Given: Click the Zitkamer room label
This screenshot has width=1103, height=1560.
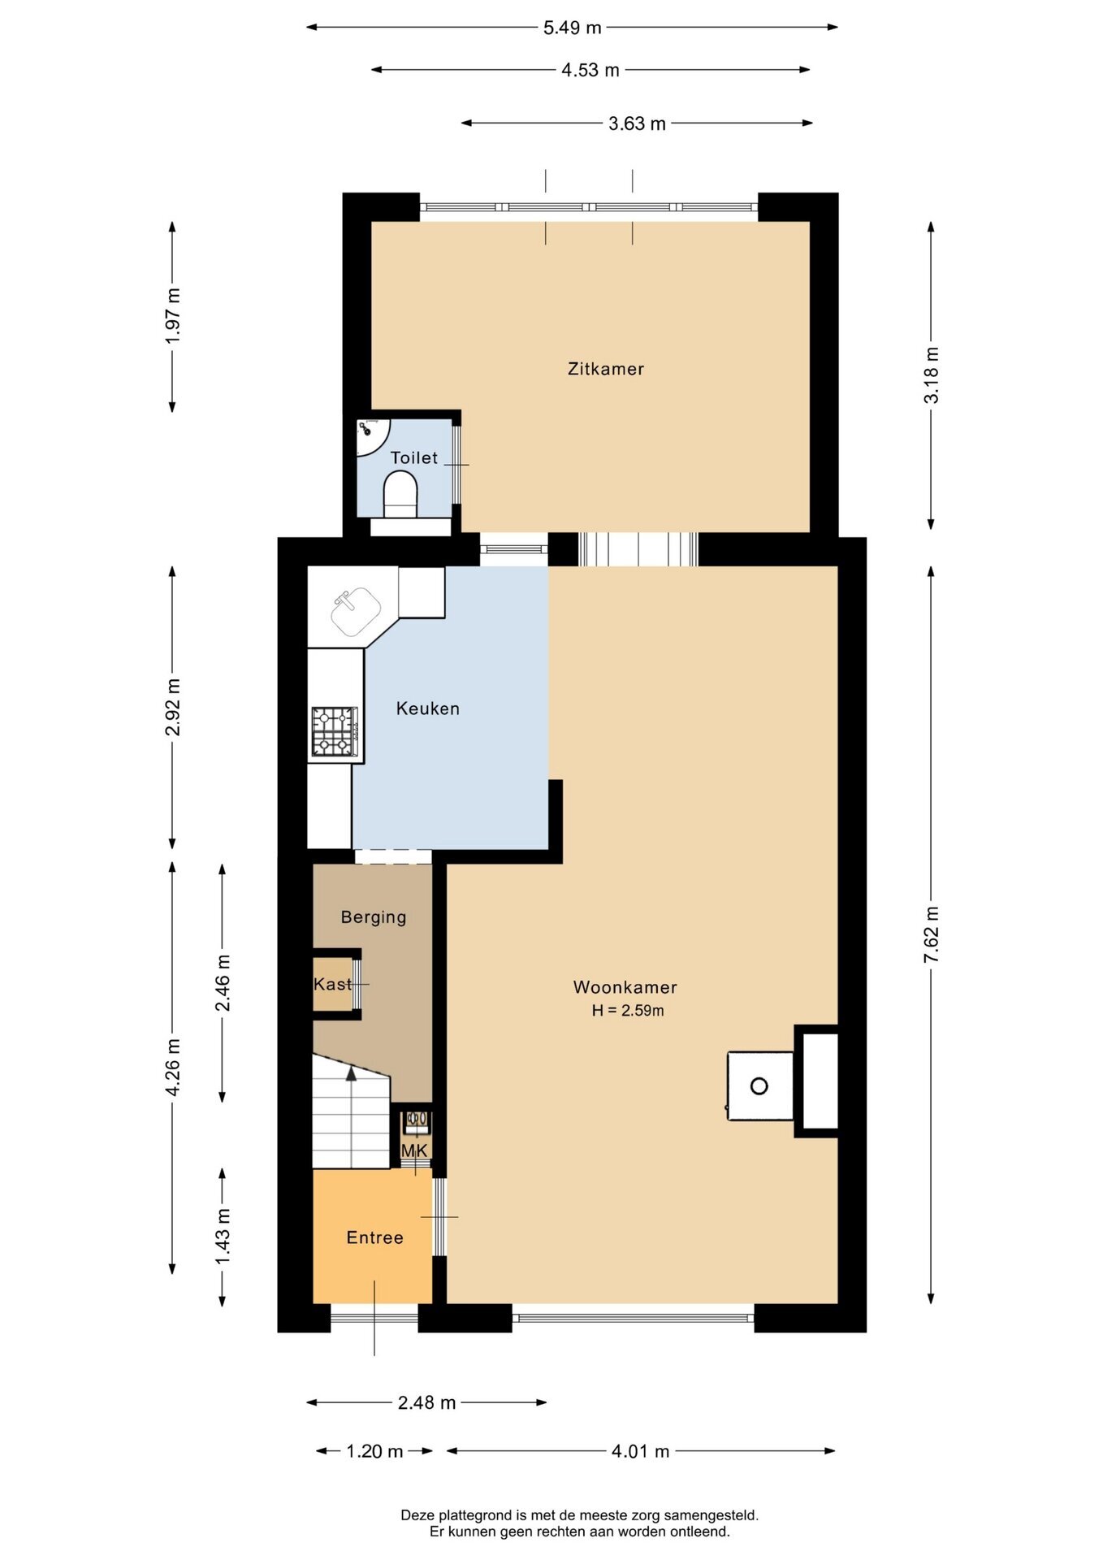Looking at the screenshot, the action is tap(606, 369).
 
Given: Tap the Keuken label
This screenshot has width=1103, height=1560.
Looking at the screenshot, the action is tap(428, 708).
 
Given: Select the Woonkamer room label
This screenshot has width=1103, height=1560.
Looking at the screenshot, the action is tap(625, 987).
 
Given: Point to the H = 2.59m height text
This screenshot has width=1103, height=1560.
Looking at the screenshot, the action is tap(628, 1011).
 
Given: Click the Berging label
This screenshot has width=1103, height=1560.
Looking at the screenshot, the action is tap(374, 917).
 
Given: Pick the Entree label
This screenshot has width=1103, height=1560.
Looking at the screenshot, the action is tap(374, 1237).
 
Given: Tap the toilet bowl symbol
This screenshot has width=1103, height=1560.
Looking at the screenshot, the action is tap(400, 495).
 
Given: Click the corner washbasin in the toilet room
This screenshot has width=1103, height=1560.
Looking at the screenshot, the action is tap(370, 435).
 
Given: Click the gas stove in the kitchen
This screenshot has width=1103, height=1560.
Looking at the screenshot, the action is tap(335, 732).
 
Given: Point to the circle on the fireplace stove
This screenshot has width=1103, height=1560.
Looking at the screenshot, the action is tap(759, 1086).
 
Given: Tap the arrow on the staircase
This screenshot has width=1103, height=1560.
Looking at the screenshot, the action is tap(351, 1073).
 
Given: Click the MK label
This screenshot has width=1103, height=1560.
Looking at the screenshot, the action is tap(414, 1150).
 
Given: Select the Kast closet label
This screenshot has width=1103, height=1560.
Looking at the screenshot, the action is tap(333, 985).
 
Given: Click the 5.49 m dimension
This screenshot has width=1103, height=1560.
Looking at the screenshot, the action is tap(573, 28).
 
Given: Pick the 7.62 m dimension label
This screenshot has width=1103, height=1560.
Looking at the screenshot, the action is tap(932, 935).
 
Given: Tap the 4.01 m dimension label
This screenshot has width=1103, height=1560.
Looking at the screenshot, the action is tap(641, 1451).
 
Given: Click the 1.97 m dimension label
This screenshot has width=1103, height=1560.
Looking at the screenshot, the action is tap(173, 315).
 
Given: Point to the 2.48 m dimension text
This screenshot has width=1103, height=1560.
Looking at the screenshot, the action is tap(426, 1402).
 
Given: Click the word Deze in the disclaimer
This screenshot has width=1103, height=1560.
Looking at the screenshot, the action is tap(417, 1514).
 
